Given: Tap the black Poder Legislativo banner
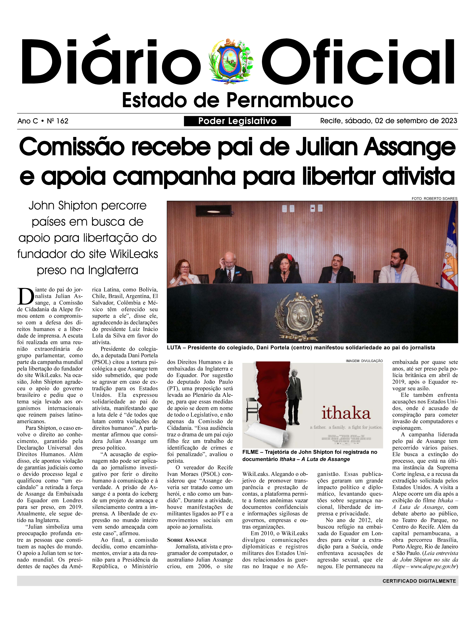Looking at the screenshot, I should tap(237, 121).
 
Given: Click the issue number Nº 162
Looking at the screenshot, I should tap(58, 121).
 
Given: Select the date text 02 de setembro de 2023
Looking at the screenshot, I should tap(416, 121).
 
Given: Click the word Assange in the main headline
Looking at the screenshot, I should tap(409, 147).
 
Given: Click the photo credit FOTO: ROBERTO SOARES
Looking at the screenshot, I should tap(434, 199).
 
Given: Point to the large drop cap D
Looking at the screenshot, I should tap(26, 297).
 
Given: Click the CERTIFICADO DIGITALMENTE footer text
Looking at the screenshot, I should tap(419, 581).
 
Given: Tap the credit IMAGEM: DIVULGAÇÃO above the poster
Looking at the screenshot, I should tap(364, 361).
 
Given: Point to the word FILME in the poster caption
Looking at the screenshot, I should tap(250, 452).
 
